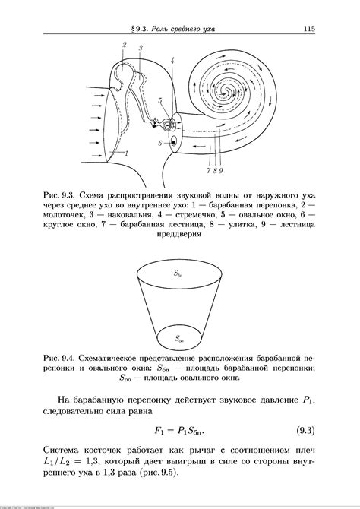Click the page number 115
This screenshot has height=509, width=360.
(308, 30)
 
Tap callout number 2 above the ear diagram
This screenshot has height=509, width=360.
(124, 46)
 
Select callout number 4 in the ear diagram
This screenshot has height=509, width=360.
(173, 59)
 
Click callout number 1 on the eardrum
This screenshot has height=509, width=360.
(127, 154)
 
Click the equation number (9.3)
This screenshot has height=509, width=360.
(305, 432)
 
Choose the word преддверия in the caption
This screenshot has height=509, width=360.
(179, 235)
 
